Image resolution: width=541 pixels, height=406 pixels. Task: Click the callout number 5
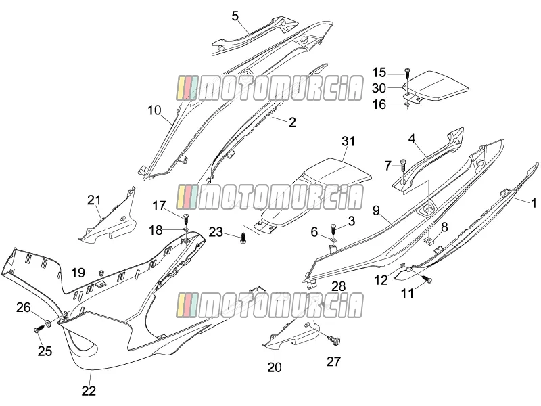[x=235, y=16]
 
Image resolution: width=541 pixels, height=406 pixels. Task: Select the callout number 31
[x=348, y=141]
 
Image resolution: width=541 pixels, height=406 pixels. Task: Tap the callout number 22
[x=89, y=391]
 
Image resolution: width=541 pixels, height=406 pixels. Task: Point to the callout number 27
[x=333, y=361]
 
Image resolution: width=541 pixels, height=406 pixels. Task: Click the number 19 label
[x=78, y=273]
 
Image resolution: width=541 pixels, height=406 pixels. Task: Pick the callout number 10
[x=154, y=110]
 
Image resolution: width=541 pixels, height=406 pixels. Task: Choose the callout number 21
[x=94, y=200]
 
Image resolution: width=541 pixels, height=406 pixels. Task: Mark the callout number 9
[x=376, y=210]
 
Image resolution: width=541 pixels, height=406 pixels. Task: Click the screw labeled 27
[x=335, y=340]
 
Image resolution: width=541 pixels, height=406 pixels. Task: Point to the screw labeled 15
[x=406, y=74]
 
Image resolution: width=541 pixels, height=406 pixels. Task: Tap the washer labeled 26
[x=47, y=323]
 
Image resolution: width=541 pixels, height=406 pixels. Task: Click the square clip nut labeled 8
[x=428, y=241]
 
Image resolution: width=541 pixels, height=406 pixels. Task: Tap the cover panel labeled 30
[x=436, y=86]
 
